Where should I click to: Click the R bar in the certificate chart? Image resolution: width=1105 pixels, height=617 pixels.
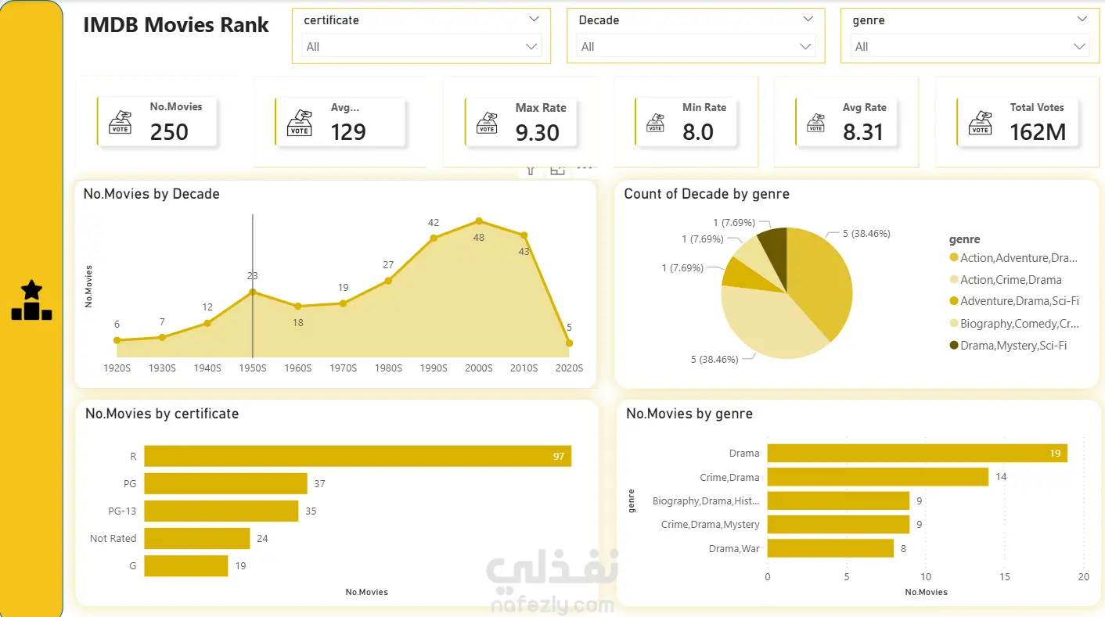(x=358, y=456)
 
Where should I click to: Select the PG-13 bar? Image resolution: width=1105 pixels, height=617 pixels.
(x=221, y=511)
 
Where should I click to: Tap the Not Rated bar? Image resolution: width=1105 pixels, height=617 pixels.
(x=197, y=538)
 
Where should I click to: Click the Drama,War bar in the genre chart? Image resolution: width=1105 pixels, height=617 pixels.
(x=830, y=548)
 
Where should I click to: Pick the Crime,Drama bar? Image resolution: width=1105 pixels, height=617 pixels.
(x=877, y=476)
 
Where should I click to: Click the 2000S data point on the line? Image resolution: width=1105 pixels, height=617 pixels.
(x=478, y=221)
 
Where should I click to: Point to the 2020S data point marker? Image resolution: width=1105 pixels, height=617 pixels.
(x=569, y=343)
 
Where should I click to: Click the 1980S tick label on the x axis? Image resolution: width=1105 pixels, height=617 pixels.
(x=388, y=368)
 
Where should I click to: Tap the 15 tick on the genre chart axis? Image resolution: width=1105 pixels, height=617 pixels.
(x=1004, y=576)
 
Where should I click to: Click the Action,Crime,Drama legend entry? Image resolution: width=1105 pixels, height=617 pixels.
(x=1006, y=280)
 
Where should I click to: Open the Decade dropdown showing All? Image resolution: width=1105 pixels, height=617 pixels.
(x=696, y=47)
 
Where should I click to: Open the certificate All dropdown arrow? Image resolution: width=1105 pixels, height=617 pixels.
(x=531, y=47)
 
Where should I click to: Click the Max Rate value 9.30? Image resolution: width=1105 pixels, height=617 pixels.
(x=537, y=132)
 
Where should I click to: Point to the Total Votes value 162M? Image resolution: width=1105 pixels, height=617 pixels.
(x=1038, y=132)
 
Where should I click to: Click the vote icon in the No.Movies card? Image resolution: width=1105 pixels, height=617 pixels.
(x=120, y=122)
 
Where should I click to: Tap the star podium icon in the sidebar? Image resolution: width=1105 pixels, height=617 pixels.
(x=31, y=300)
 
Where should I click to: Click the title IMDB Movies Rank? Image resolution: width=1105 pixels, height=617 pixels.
(x=175, y=25)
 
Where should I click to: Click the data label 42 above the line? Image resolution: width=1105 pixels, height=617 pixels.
(x=433, y=222)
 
